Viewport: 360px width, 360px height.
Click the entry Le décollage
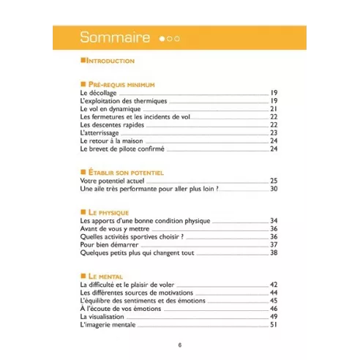click(99, 93)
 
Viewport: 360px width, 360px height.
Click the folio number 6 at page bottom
click(180, 345)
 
